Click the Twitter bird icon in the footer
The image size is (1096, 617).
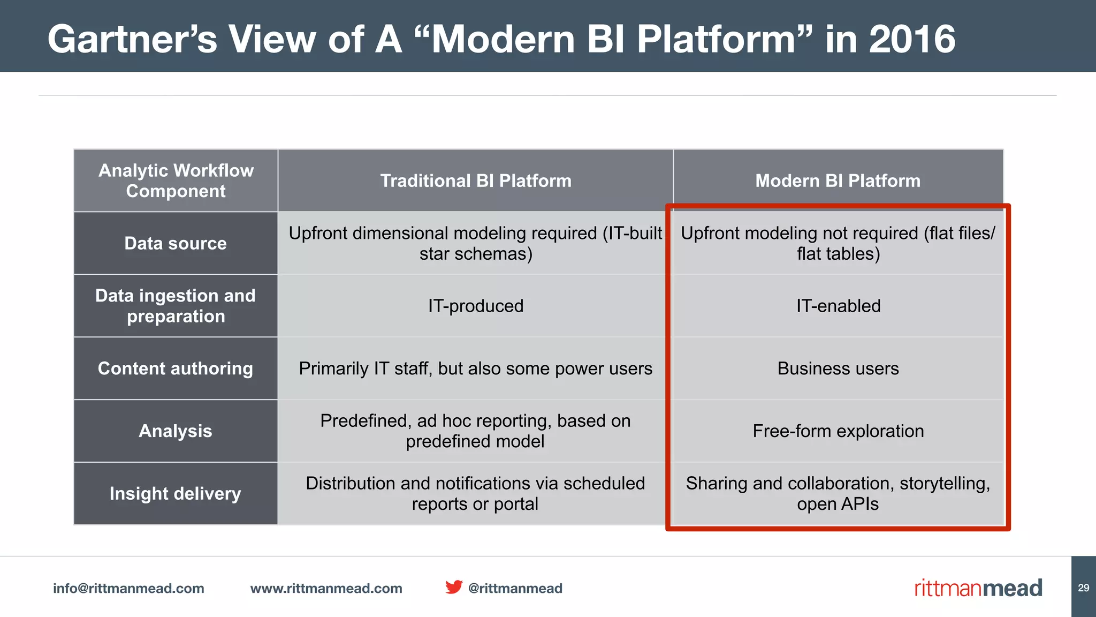tap(454, 587)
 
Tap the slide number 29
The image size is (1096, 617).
tap(1083, 588)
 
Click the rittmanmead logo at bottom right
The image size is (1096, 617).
tap(978, 588)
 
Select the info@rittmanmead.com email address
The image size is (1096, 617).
tap(128, 588)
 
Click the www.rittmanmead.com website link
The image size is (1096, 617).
tap(326, 588)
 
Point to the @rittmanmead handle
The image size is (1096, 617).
tap(515, 588)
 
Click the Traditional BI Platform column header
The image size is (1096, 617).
tap(475, 180)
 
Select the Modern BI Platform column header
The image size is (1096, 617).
tap(838, 180)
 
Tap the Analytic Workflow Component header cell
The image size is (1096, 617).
tap(176, 180)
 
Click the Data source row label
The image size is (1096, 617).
tap(176, 243)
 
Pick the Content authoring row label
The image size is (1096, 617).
tap(176, 368)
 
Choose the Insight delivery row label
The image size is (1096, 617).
tap(176, 493)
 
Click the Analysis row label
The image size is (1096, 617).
tap(176, 431)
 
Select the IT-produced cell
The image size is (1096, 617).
tap(475, 306)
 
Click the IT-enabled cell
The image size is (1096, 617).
tap(838, 306)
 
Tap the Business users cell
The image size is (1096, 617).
tap(838, 368)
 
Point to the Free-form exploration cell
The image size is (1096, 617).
tap(838, 431)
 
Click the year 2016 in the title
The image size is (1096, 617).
tap(911, 39)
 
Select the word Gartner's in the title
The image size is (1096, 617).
tap(132, 39)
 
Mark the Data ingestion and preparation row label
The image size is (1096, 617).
tap(176, 306)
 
